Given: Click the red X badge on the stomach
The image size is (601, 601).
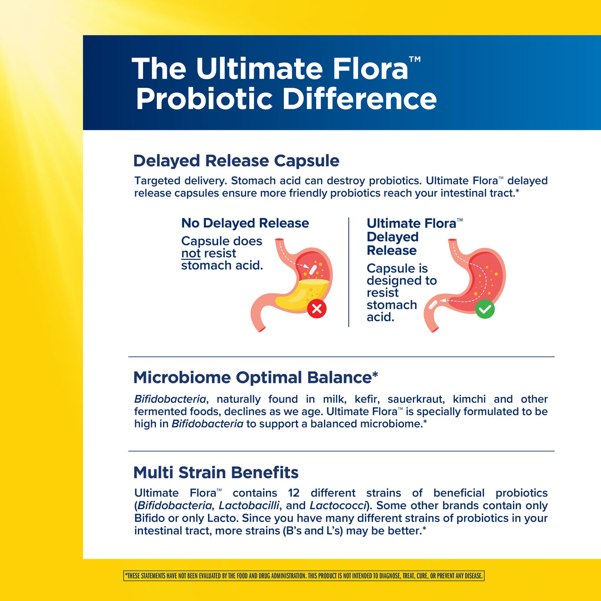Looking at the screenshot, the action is [317, 308].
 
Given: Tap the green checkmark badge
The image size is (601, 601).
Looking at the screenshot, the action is [485, 309].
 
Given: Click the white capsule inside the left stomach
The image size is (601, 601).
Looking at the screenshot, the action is [313, 269].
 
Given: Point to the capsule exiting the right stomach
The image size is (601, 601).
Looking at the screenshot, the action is [433, 305].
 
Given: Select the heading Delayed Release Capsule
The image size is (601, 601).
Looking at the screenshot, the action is [236, 161].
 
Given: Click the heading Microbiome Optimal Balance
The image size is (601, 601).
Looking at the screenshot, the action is [255, 377].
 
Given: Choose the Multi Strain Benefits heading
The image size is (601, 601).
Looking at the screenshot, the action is [216, 472].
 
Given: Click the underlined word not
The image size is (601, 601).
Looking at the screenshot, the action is [191, 253].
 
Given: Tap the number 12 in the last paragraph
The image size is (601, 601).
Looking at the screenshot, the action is [294, 493].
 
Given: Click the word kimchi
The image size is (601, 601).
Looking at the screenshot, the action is [469, 399].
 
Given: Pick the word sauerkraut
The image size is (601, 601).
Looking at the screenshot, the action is [416, 400].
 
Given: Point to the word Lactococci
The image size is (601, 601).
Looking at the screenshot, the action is [338, 505].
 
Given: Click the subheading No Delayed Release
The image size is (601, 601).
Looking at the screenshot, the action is [245, 223].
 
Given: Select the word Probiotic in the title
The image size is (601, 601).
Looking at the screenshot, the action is [204, 99].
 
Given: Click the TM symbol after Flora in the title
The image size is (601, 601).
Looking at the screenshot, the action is [415, 59].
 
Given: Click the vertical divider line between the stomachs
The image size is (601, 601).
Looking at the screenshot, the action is [349, 272].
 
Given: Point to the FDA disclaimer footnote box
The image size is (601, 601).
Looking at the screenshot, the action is [304, 576].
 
